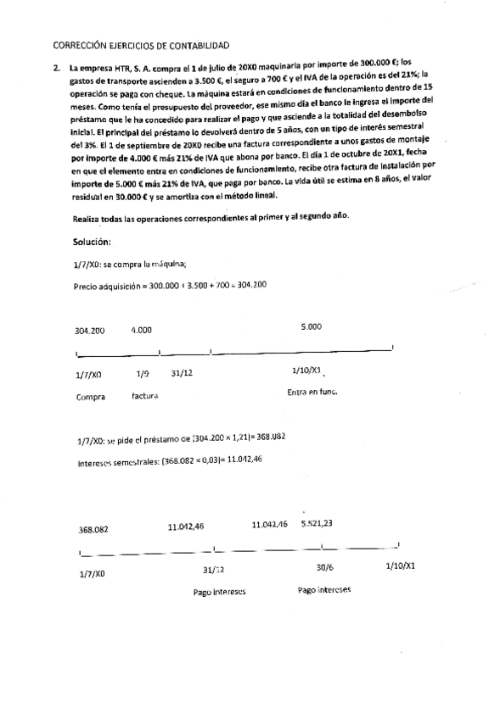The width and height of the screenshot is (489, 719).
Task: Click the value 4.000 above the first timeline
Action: click(x=142, y=329)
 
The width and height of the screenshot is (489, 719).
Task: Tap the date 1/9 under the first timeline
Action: click(x=143, y=373)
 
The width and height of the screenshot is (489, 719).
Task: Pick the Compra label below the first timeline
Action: click(x=90, y=396)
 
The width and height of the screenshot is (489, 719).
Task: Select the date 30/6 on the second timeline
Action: click(x=323, y=569)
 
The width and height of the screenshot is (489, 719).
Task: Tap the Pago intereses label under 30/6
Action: click(x=324, y=589)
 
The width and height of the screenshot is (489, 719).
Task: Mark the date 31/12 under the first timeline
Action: click(x=182, y=373)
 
